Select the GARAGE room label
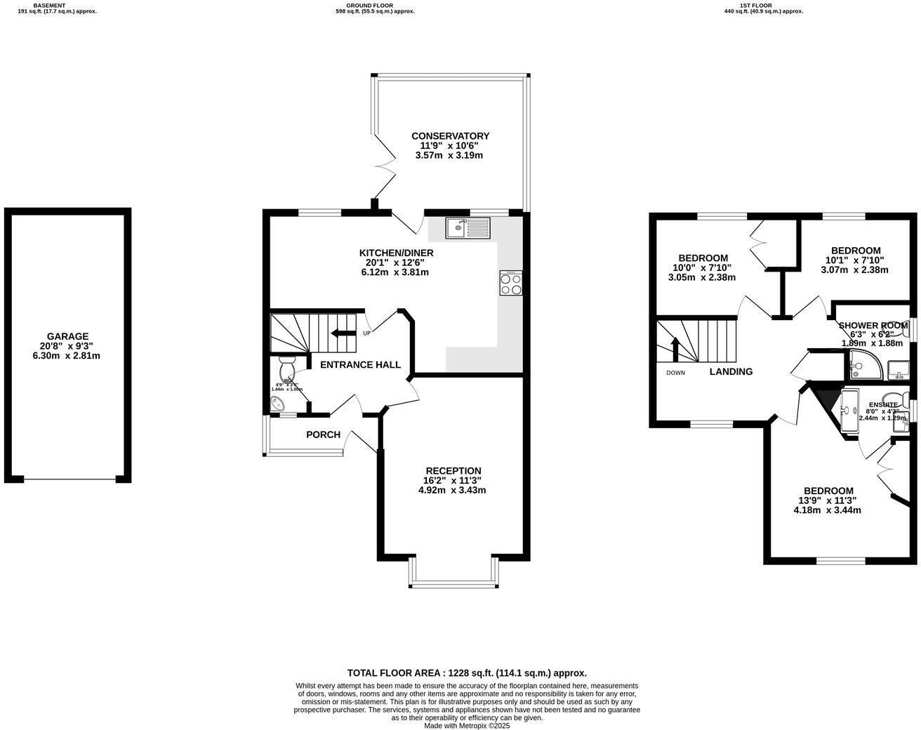[68, 336]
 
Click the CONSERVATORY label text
[450, 136]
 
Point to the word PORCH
[323, 435]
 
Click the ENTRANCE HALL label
[360, 365]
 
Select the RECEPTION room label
[453, 471]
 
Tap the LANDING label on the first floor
[731, 372]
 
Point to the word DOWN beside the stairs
[675, 373]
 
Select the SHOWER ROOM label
[873, 325]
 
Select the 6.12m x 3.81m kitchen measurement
[395, 272]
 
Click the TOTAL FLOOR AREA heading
[467, 672]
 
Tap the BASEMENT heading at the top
[49, 5]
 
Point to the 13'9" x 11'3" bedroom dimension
[828, 500]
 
